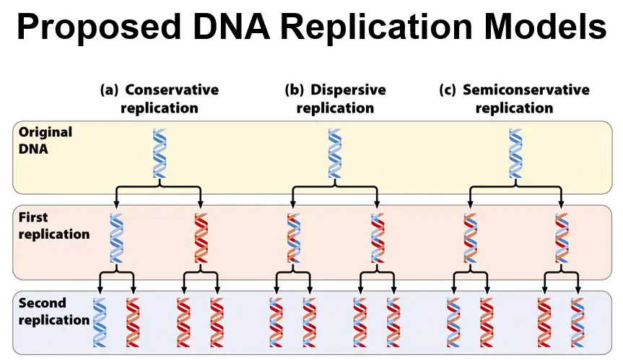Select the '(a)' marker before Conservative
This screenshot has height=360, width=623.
109,90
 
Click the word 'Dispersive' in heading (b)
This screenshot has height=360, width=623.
348,90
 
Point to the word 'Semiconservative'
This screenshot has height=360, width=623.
526,90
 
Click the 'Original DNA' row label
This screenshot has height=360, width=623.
45,140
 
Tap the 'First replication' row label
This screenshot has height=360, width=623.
53,226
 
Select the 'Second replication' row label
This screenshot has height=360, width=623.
53,311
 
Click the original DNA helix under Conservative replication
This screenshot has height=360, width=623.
159,152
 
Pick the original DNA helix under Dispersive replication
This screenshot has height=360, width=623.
334,152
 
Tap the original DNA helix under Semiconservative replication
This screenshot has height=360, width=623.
515,152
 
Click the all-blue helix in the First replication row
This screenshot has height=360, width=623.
116,237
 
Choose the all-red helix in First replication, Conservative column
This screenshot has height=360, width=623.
201,237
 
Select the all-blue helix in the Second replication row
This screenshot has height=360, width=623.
100,322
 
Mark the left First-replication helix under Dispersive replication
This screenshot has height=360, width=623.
292,237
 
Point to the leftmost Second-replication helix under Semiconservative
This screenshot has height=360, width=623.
453,322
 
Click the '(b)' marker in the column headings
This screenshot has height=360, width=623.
295,90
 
